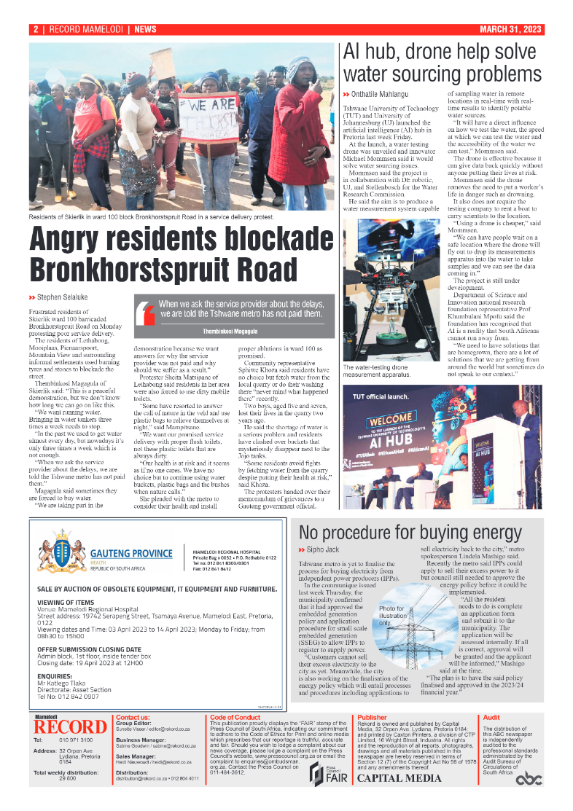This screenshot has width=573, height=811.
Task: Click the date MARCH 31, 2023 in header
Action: pos(510,30)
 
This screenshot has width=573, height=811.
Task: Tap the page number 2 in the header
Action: pos(35,30)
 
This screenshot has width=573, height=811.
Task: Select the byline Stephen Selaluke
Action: pos(62,297)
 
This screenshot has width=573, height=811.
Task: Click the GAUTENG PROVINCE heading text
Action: pos(132,553)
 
